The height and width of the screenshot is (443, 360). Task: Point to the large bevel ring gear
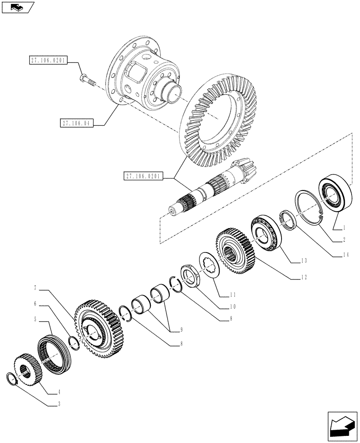click(x=217, y=120)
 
